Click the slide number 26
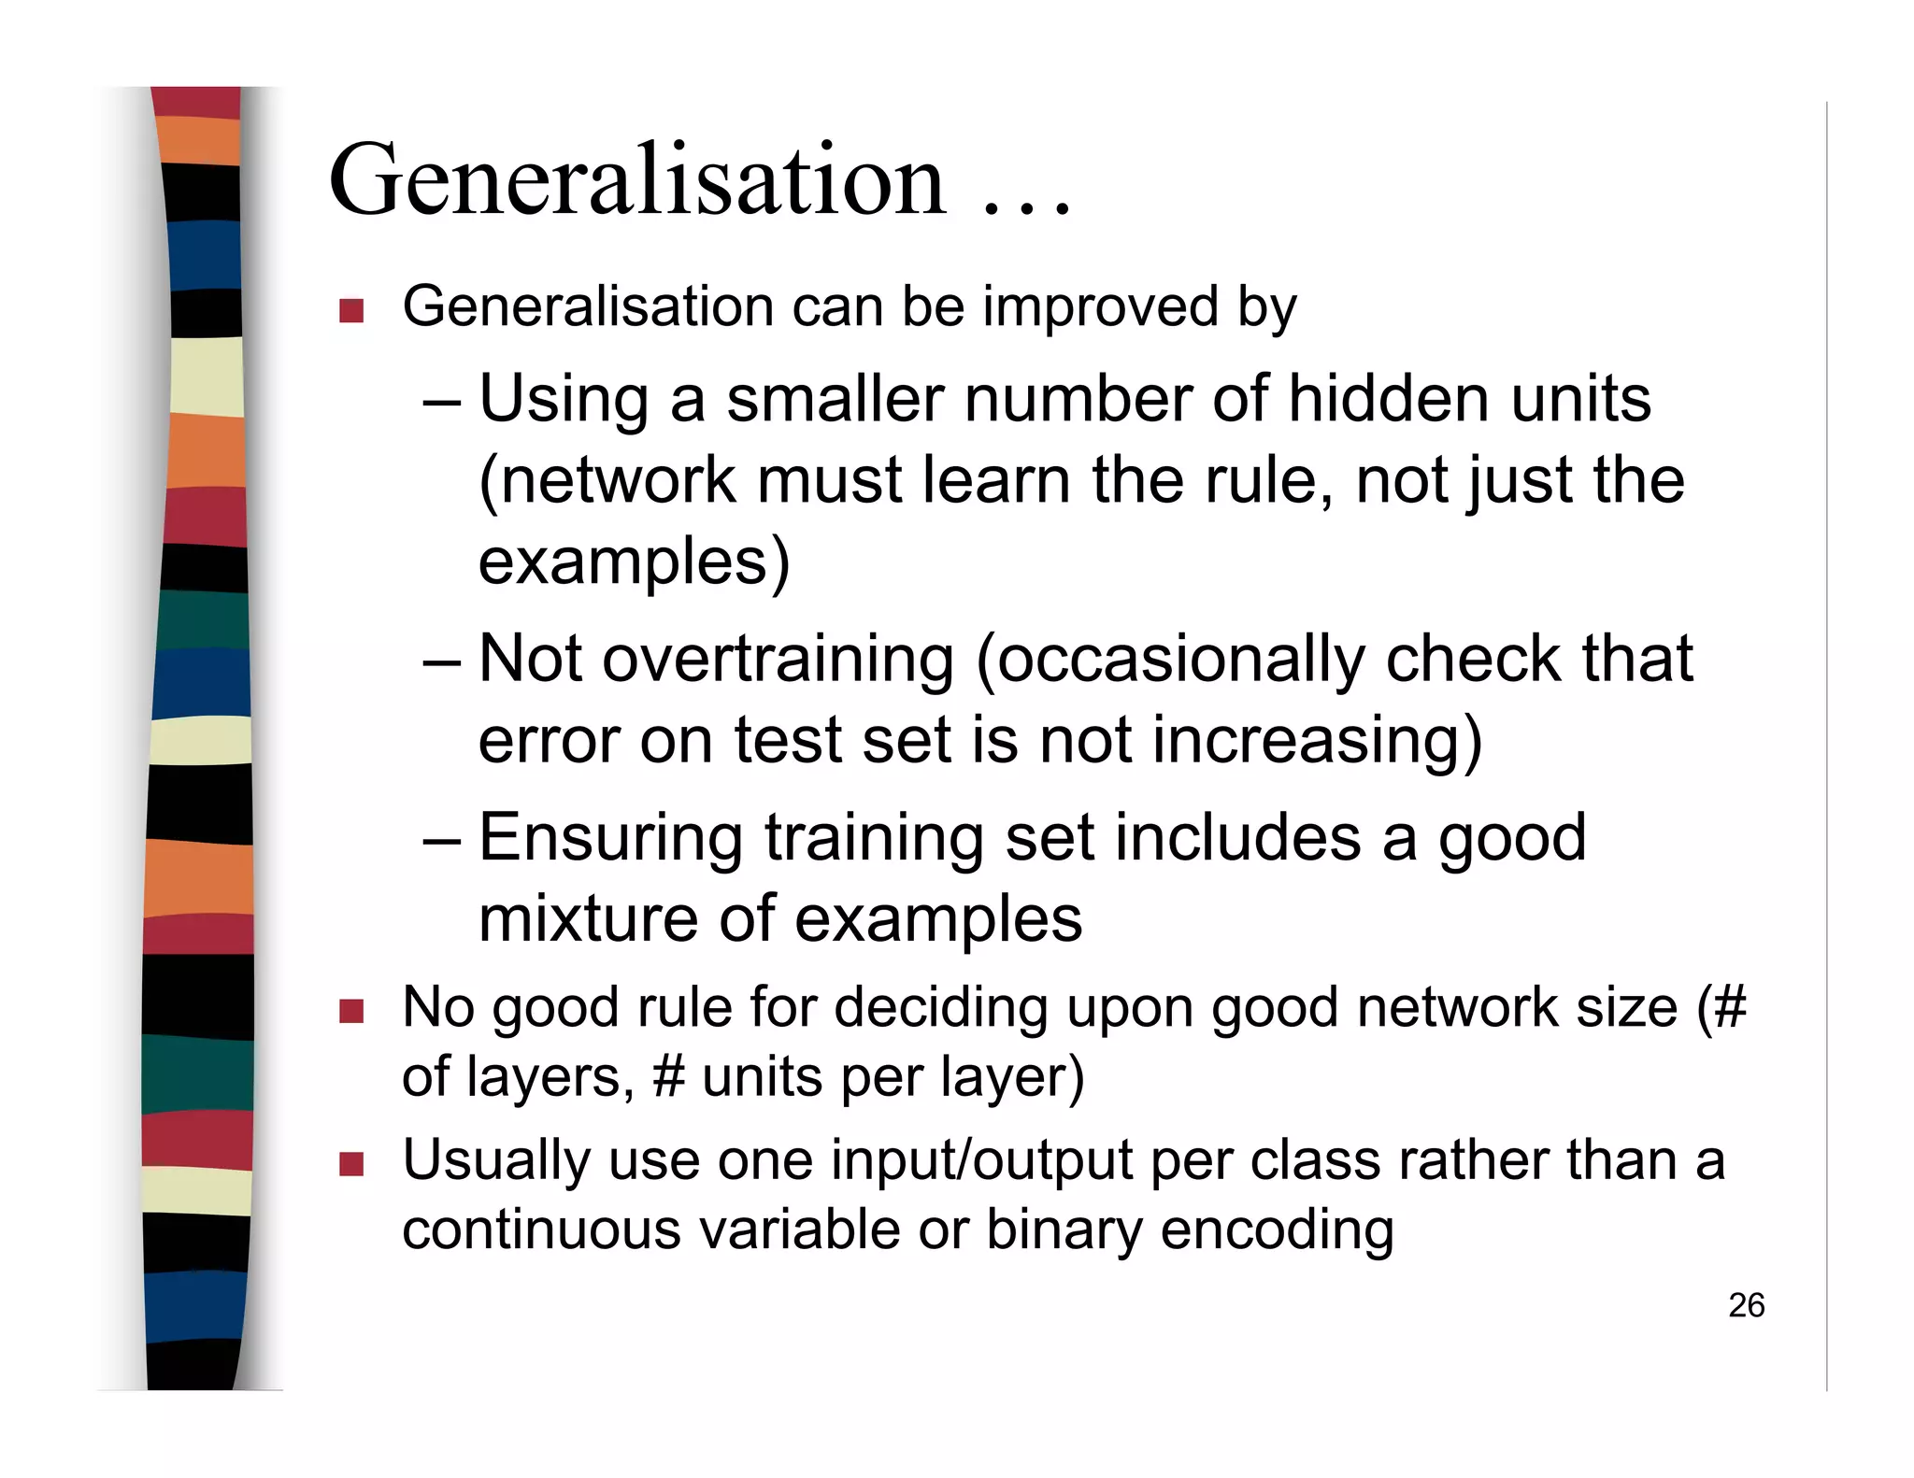click(x=1746, y=1305)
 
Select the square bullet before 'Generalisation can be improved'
click(x=351, y=310)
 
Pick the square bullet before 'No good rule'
click(x=351, y=1011)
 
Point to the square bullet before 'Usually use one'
click(x=351, y=1164)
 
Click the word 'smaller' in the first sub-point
click(x=835, y=399)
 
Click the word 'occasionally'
click(x=1170, y=660)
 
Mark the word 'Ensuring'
click(x=611, y=838)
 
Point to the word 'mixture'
click(x=589, y=918)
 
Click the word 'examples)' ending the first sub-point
click(x=635, y=561)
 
